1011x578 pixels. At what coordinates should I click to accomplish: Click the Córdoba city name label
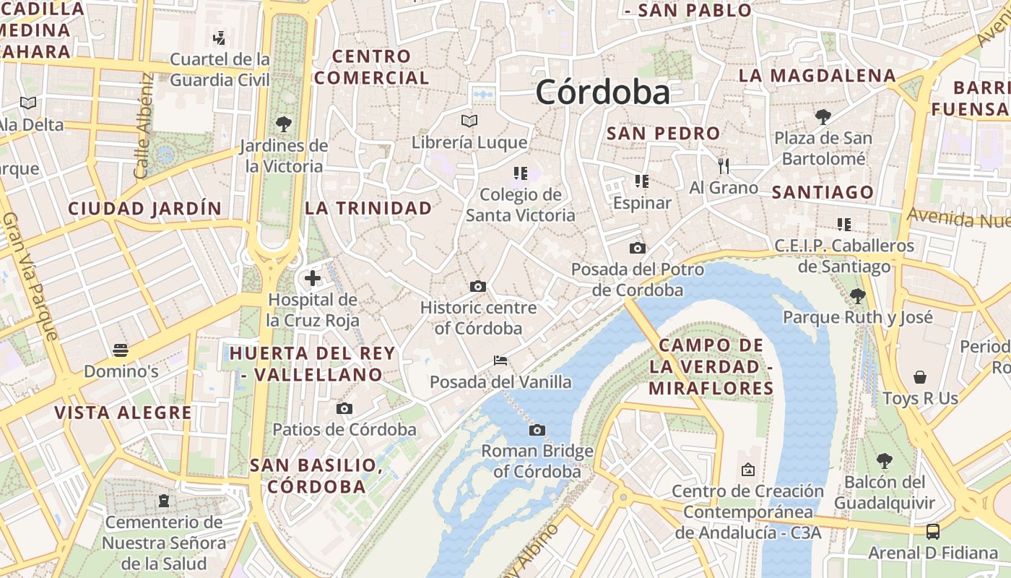[x=602, y=92]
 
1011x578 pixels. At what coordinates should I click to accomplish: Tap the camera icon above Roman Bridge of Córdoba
[x=537, y=431]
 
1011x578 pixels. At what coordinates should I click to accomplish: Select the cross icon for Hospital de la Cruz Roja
[x=313, y=277]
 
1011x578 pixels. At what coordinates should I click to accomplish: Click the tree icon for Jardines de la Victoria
[x=284, y=124]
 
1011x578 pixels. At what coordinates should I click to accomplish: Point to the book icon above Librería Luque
[x=469, y=120]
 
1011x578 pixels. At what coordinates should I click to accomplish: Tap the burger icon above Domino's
[x=121, y=350]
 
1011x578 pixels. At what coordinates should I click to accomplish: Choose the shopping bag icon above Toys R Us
[x=920, y=377]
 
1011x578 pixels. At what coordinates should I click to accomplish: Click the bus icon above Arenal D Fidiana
[x=933, y=532]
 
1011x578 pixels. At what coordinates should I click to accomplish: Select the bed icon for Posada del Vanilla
[x=500, y=360]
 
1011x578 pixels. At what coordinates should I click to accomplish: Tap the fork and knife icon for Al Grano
[x=724, y=166]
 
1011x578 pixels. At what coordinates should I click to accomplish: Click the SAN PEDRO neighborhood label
[x=663, y=133]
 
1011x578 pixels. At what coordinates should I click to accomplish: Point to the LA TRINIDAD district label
[x=368, y=208]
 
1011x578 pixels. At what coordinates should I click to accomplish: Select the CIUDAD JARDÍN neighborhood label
[x=144, y=209]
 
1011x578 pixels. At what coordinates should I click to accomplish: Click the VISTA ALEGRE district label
[x=123, y=413]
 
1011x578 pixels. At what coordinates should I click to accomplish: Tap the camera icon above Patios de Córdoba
[x=344, y=409]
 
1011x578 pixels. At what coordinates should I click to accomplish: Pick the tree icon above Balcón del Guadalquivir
[x=884, y=460]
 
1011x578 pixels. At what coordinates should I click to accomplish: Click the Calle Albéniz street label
[x=143, y=126]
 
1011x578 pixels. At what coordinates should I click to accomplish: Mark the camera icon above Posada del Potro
[x=637, y=249]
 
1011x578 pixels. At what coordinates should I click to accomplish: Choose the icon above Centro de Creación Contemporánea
[x=747, y=470]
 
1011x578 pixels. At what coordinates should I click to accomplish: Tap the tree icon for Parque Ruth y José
[x=858, y=296]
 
